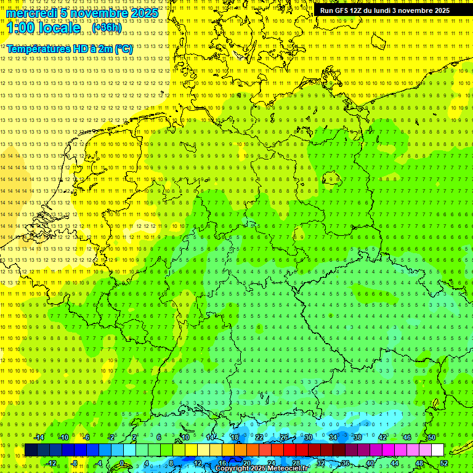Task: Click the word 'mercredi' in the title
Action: click(31, 13)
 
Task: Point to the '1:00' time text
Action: click(22, 28)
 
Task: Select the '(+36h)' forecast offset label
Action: click(107, 28)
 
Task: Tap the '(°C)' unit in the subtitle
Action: click(123, 49)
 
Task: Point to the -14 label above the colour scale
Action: click(39, 437)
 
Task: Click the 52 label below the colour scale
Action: click(443, 463)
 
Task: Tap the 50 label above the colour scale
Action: click(431, 437)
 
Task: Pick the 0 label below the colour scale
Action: click(122, 463)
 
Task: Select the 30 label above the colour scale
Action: click(308, 437)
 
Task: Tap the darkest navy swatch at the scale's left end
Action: click(31, 450)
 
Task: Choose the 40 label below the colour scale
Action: click(370, 463)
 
